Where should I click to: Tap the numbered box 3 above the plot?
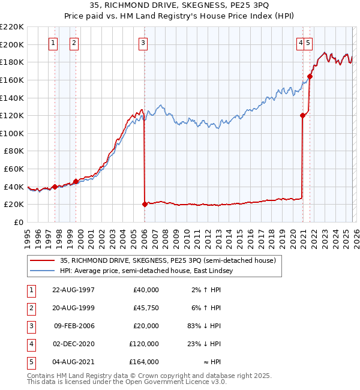click(144, 43)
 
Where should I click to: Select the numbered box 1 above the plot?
click(54, 43)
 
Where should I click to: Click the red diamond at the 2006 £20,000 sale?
click(145, 204)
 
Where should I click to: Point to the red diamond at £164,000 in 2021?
click(310, 76)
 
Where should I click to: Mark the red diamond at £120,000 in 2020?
click(303, 116)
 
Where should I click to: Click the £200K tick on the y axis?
click(12, 44)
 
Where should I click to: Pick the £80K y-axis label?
click(14, 151)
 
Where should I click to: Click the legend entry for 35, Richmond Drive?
click(167, 260)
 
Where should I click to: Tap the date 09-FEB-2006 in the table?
click(74, 326)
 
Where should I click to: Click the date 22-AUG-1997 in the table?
click(74, 290)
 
